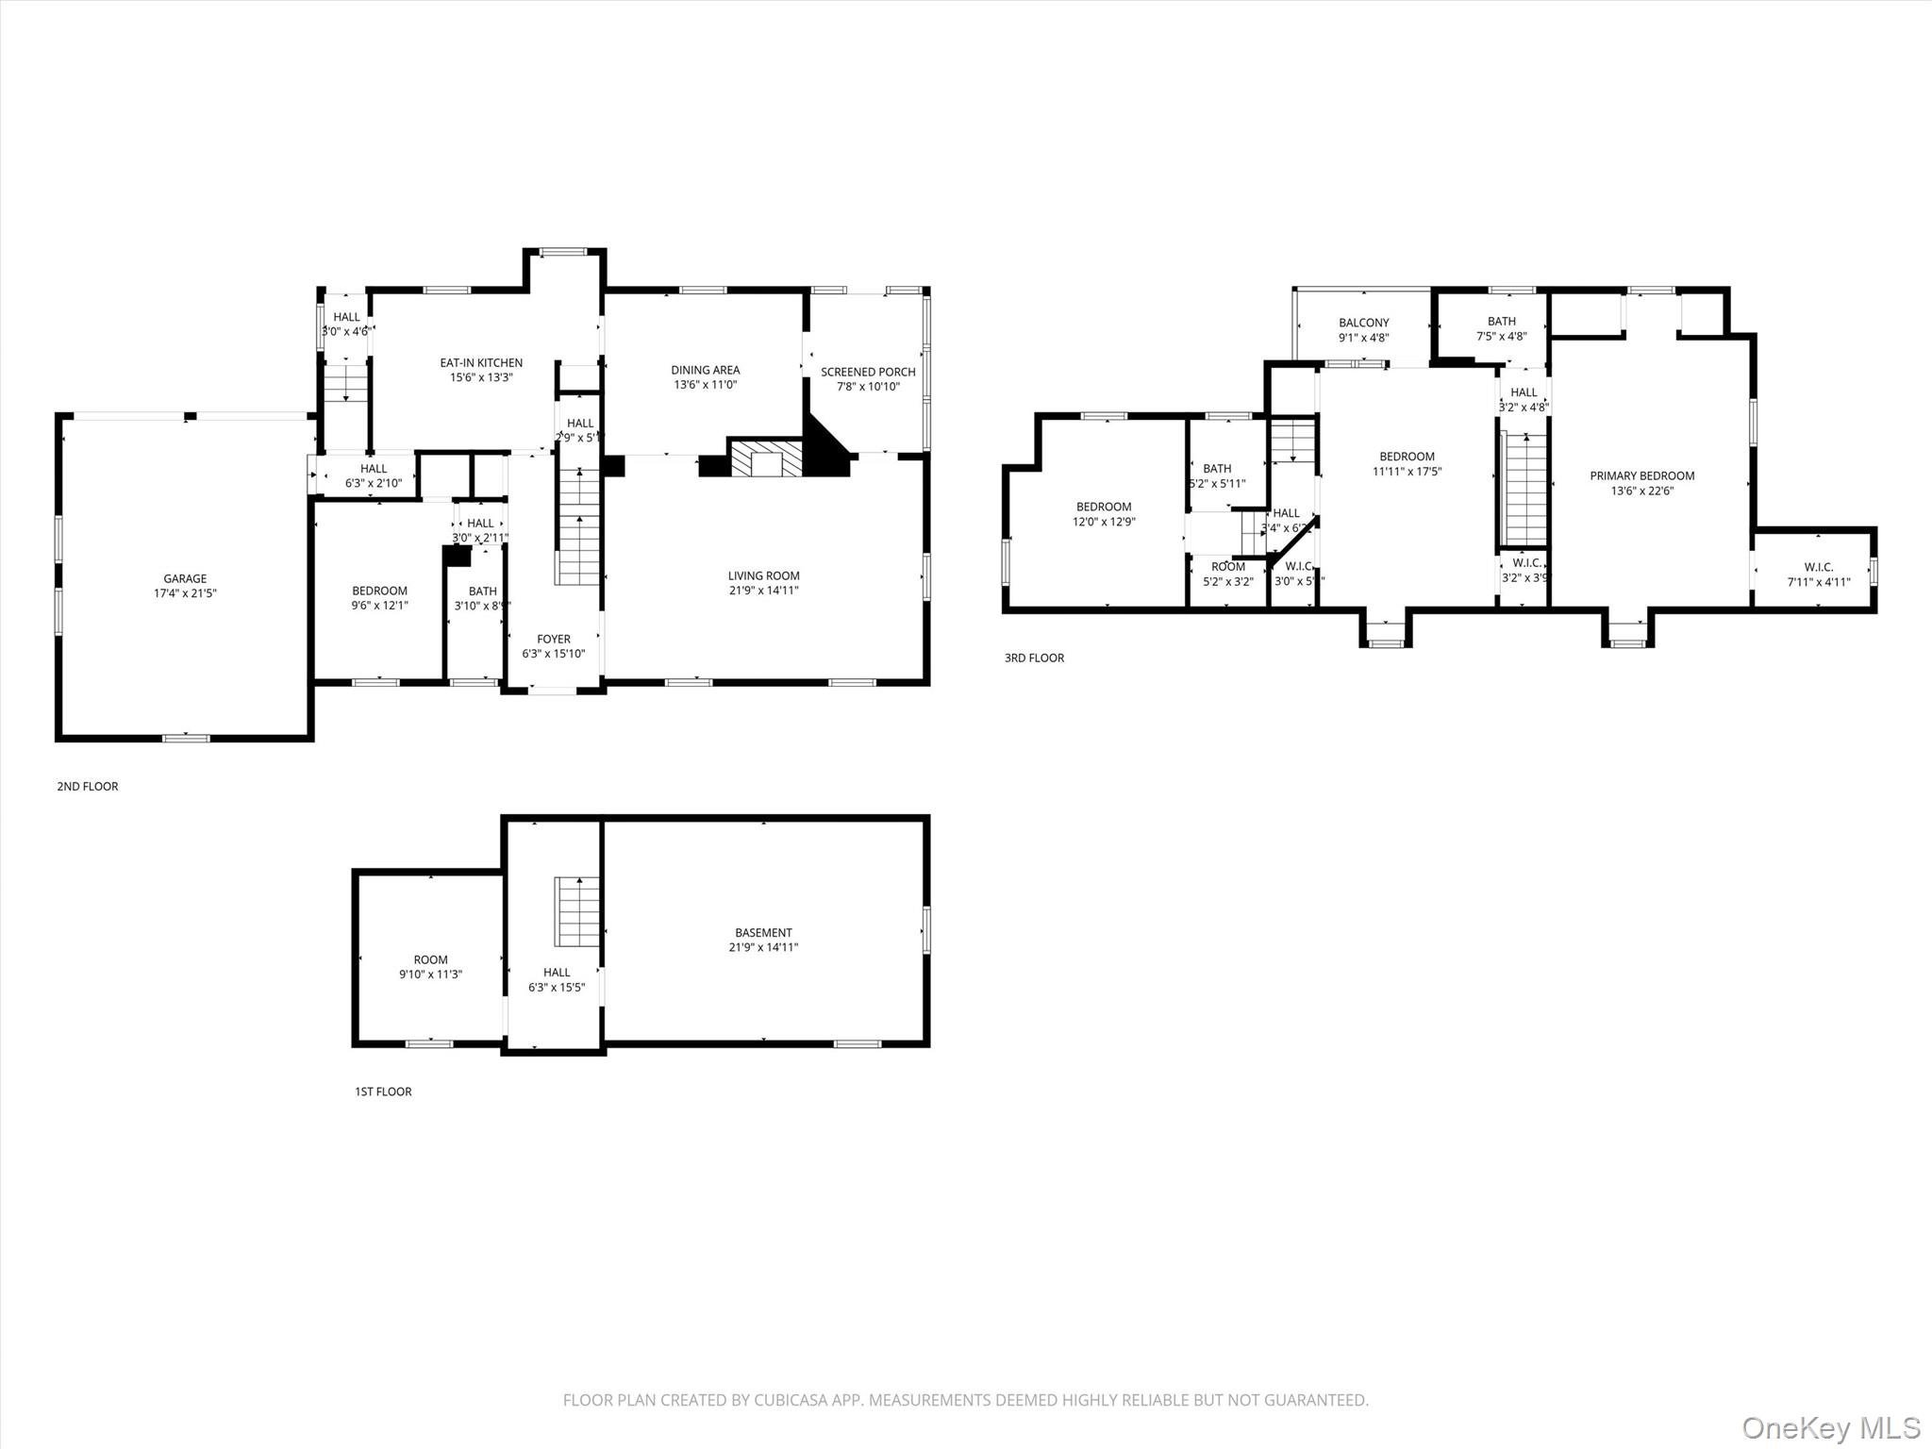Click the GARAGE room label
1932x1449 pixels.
point(185,578)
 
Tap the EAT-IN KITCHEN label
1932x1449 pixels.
point(481,362)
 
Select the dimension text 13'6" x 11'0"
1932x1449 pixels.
point(705,385)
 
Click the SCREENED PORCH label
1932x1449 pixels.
point(868,372)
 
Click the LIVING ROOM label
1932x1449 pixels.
point(763,575)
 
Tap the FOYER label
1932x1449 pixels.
point(554,639)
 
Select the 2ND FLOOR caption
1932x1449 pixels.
point(88,786)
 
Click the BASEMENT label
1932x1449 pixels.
point(763,932)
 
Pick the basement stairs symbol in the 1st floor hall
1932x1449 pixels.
point(576,910)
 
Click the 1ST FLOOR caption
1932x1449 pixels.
point(383,1091)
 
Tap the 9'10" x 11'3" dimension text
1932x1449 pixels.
point(430,974)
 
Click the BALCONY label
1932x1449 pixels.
point(1363,323)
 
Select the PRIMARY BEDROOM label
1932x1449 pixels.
point(1641,475)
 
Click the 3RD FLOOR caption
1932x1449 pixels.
point(1034,658)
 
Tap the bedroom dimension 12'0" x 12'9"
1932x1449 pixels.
point(1104,522)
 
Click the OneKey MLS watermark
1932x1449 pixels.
point(1830,1426)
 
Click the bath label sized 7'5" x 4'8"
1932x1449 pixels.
point(1501,321)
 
